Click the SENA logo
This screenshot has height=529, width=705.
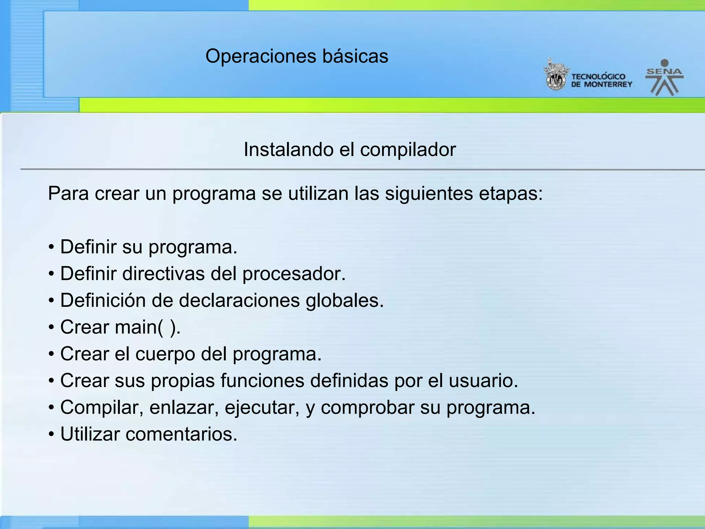[664, 78]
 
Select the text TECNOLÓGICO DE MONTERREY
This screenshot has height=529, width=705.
[601, 81]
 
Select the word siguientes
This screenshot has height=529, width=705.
[429, 194]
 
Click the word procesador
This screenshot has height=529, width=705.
[294, 274]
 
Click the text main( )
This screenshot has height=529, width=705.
[148, 327]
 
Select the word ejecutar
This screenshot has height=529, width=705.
[262, 407]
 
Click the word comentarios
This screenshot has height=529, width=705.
[181, 434]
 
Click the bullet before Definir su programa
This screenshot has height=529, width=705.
[51, 247]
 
